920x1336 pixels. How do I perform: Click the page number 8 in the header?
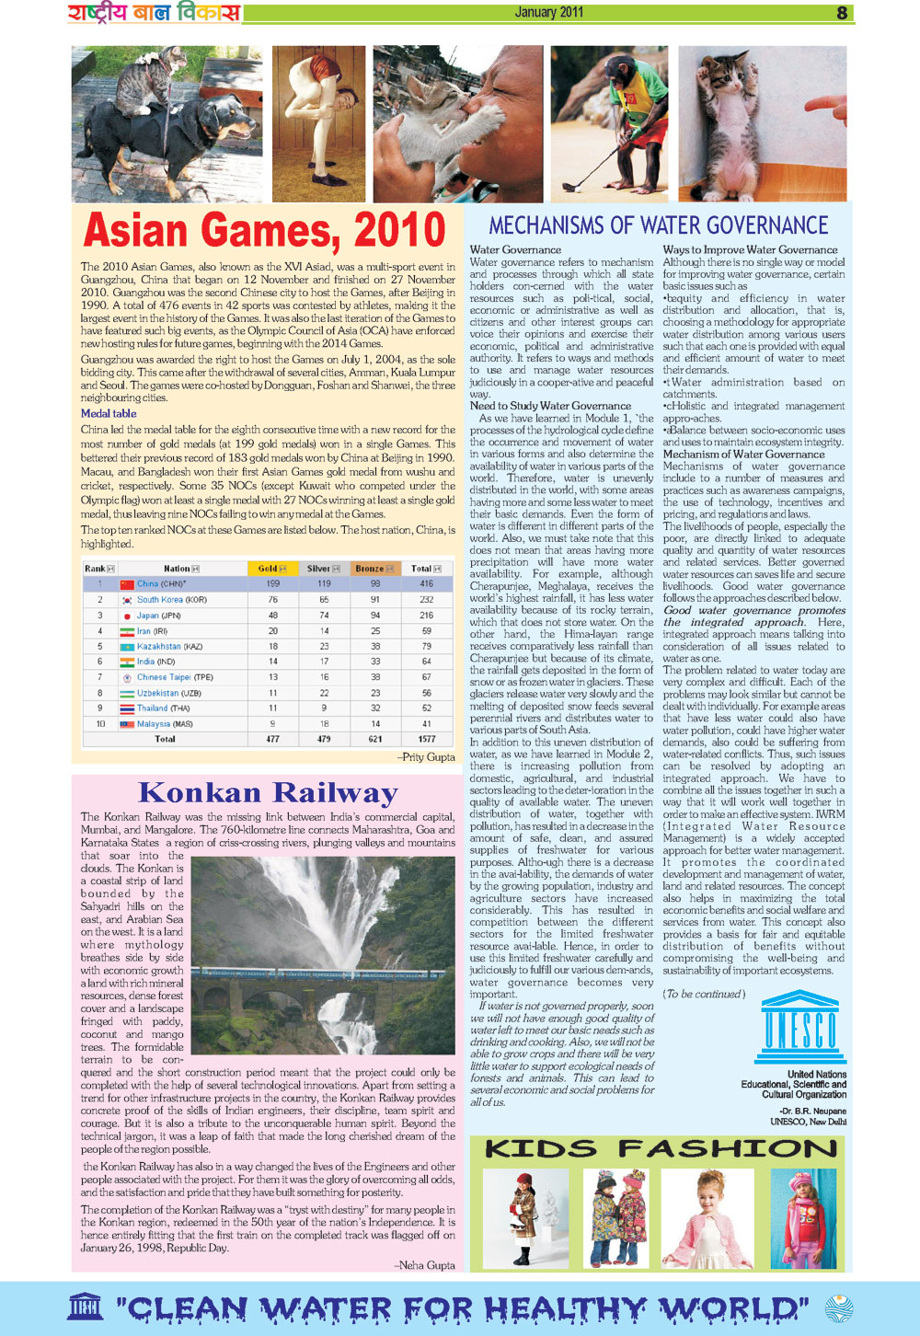tap(842, 13)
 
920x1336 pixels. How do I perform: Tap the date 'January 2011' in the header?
tap(548, 12)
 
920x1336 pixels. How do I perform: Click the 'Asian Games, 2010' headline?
tap(264, 231)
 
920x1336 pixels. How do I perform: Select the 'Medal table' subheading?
tap(109, 413)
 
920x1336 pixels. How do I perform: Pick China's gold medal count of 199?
tap(273, 583)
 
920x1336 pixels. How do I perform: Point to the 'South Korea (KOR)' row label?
tap(172, 599)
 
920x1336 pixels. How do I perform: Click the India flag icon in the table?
tap(127, 662)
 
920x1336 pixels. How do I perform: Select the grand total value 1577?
tap(427, 739)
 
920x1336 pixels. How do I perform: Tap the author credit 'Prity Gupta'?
tap(428, 757)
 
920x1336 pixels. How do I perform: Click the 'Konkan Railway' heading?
tap(268, 792)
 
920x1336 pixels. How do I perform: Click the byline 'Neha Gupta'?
tap(426, 1265)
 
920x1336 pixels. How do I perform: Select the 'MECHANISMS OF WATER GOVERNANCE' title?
tap(658, 225)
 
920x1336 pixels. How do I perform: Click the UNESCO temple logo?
tap(799, 1027)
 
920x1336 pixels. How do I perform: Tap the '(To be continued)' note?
tap(704, 994)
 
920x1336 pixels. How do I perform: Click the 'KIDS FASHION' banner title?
tap(661, 1148)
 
